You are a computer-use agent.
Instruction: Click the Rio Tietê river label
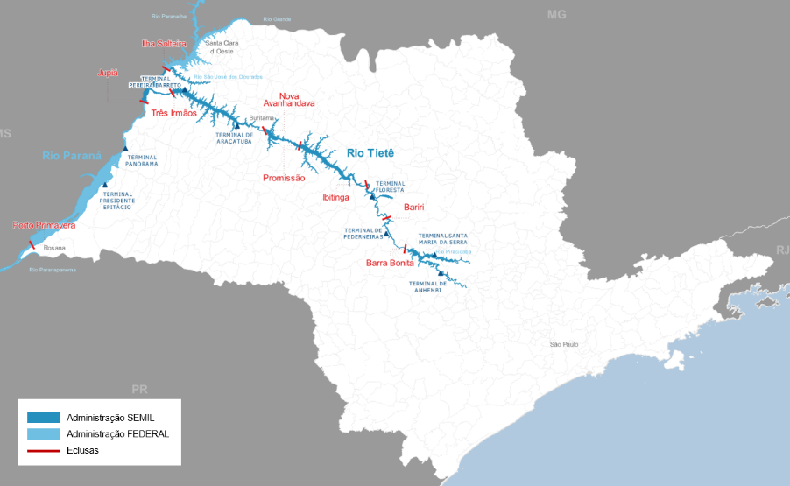click(x=370, y=153)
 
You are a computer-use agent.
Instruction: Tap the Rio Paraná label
click(x=72, y=156)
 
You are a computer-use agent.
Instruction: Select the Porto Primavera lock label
click(x=44, y=225)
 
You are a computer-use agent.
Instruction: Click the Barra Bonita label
click(x=390, y=263)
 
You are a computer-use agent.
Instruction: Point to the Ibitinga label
click(x=335, y=198)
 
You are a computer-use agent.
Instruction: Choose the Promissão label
click(x=284, y=178)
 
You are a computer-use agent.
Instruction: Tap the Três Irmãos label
click(x=173, y=113)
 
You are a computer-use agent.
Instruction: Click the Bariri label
click(x=413, y=208)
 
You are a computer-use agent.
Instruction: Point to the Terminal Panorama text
click(x=141, y=161)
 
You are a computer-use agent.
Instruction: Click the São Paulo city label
click(x=564, y=344)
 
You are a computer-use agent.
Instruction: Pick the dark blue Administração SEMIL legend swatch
click(x=43, y=417)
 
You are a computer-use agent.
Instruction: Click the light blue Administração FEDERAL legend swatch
click(x=43, y=433)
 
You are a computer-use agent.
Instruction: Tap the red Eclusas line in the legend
click(x=43, y=450)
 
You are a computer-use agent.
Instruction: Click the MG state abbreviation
click(x=557, y=15)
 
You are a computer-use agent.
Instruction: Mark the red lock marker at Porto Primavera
click(x=32, y=244)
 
